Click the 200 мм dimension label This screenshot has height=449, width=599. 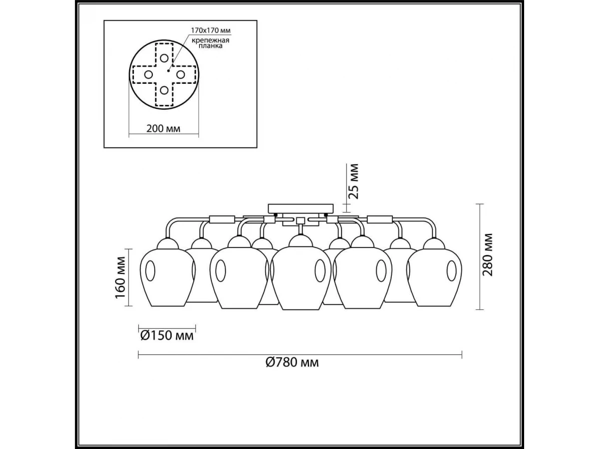point(163,128)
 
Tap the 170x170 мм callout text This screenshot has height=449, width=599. point(211,30)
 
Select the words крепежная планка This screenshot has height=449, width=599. point(210,43)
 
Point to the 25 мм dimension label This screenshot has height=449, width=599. point(354,181)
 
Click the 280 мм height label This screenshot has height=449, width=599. point(488,255)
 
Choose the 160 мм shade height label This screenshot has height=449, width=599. point(120,277)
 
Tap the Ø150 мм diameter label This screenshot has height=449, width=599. point(167,336)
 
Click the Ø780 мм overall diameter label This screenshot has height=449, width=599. point(293,362)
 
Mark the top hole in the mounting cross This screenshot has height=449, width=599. point(164,58)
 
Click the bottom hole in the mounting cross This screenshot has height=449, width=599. point(164,90)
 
